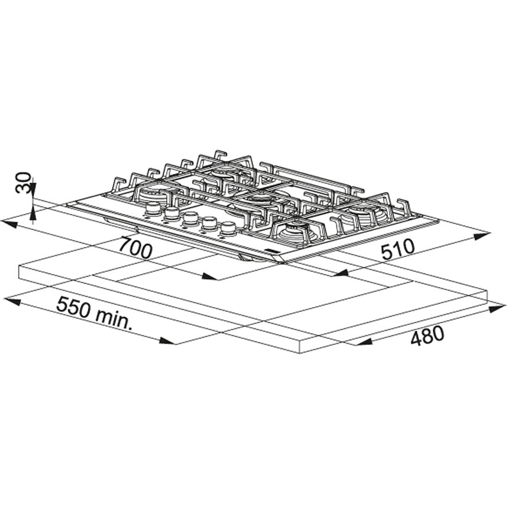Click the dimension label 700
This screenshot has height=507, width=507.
point(135,248)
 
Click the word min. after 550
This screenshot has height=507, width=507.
point(114,320)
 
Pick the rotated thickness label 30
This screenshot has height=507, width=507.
point(23,183)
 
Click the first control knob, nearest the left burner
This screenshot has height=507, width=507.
point(153,209)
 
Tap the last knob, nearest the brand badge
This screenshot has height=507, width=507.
point(229,228)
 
